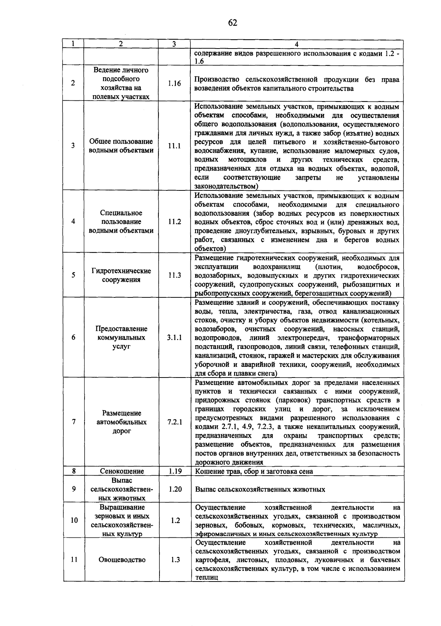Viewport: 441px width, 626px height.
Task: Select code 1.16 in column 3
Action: coord(175,83)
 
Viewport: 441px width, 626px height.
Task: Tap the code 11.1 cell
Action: coord(175,146)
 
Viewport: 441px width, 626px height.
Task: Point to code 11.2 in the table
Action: coord(175,222)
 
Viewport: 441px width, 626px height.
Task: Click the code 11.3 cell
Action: coord(175,275)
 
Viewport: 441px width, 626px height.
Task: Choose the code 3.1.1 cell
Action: coord(175,337)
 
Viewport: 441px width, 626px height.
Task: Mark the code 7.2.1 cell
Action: coord(175,422)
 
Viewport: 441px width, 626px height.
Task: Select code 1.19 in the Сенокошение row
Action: coord(175,471)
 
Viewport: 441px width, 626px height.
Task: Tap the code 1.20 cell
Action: coord(175,489)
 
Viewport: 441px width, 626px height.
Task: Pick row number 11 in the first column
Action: coord(74,560)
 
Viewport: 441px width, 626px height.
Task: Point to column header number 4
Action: coord(297,44)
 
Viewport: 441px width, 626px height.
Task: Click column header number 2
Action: coord(121,44)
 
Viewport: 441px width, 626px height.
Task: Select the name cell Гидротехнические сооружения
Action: coord(121,275)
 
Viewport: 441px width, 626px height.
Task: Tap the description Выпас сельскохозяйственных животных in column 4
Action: coord(260,490)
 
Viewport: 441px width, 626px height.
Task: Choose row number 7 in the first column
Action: coord(73,422)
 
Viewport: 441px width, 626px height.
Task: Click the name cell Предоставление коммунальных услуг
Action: coord(121,337)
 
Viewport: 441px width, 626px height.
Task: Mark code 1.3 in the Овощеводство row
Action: coord(175,560)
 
